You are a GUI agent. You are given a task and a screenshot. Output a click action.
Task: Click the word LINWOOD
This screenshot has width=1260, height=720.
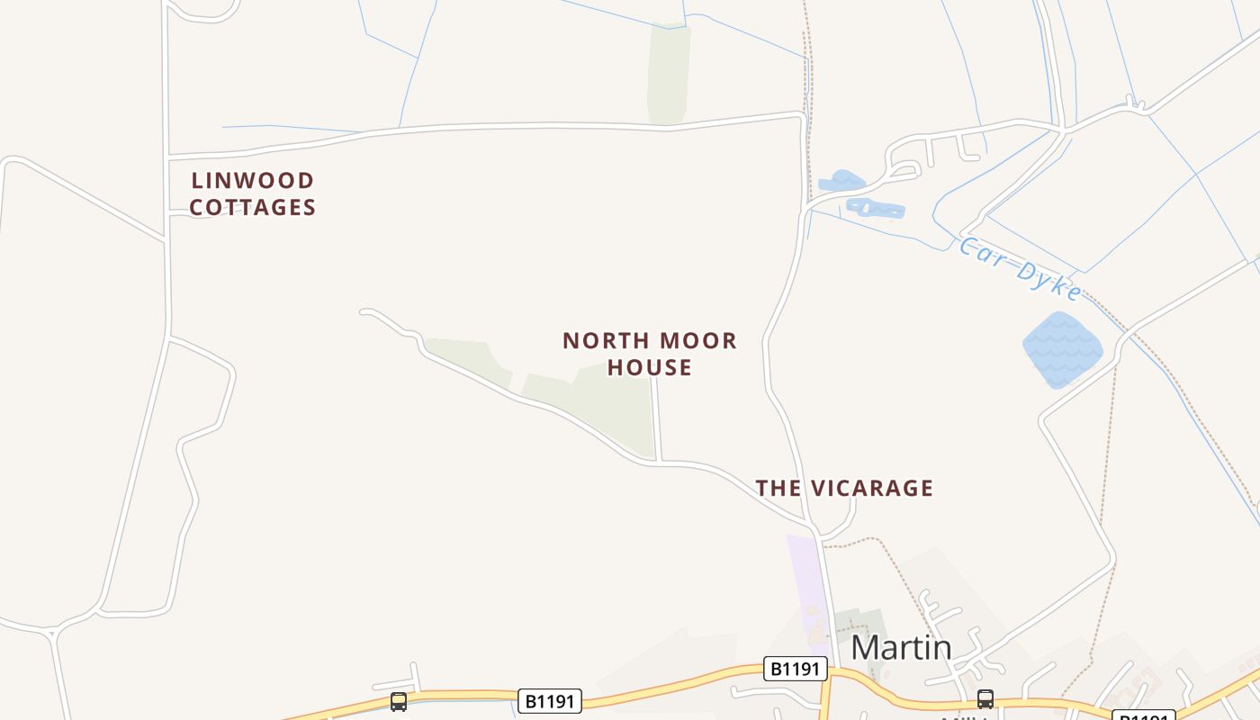click(x=253, y=181)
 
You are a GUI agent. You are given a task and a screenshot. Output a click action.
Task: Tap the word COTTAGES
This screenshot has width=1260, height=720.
click(x=253, y=208)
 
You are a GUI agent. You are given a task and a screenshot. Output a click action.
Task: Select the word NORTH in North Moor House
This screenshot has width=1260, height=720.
click(x=604, y=341)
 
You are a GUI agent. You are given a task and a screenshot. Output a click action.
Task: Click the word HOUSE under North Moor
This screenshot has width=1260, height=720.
click(x=650, y=367)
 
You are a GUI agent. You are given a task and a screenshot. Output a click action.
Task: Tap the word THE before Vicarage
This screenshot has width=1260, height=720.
click(x=778, y=489)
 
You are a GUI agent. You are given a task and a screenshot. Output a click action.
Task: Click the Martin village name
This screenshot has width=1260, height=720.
click(x=901, y=647)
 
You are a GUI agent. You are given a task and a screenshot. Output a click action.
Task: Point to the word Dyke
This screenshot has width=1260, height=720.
click(x=1048, y=280)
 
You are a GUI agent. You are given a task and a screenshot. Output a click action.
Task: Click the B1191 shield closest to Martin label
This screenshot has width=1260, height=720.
click(x=796, y=669)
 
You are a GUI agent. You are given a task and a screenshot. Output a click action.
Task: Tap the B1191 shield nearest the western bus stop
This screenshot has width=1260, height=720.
click(x=550, y=700)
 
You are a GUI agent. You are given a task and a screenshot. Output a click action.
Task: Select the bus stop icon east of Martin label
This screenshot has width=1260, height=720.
click(x=985, y=698)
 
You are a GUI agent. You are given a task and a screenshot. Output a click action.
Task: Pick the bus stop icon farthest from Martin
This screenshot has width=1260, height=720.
click(x=399, y=701)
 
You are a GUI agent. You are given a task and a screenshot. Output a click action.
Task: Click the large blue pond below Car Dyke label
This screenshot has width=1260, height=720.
click(x=1062, y=349)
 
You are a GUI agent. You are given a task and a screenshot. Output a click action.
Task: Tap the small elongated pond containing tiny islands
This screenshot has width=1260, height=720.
click(x=875, y=209)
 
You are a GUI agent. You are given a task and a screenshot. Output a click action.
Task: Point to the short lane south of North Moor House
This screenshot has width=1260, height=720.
click(x=657, y=419)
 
